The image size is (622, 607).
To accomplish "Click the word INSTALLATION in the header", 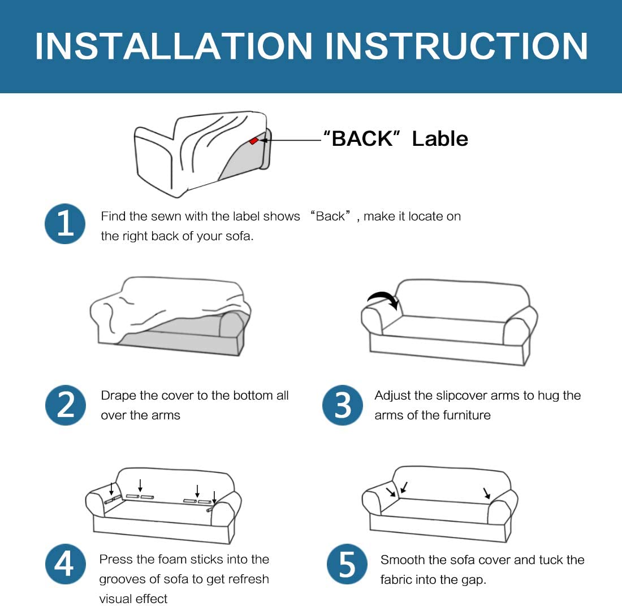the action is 174,46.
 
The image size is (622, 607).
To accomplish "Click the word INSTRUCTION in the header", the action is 456,46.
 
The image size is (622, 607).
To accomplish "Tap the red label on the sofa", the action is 253,141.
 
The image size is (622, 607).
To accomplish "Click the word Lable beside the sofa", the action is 440,139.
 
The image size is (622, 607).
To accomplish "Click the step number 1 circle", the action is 65,224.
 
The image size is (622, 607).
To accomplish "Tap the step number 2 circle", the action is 66,405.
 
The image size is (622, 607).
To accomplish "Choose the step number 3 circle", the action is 342,405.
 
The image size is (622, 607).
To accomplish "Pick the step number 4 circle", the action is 66,564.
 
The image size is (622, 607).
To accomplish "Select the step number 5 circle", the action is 347,564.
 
